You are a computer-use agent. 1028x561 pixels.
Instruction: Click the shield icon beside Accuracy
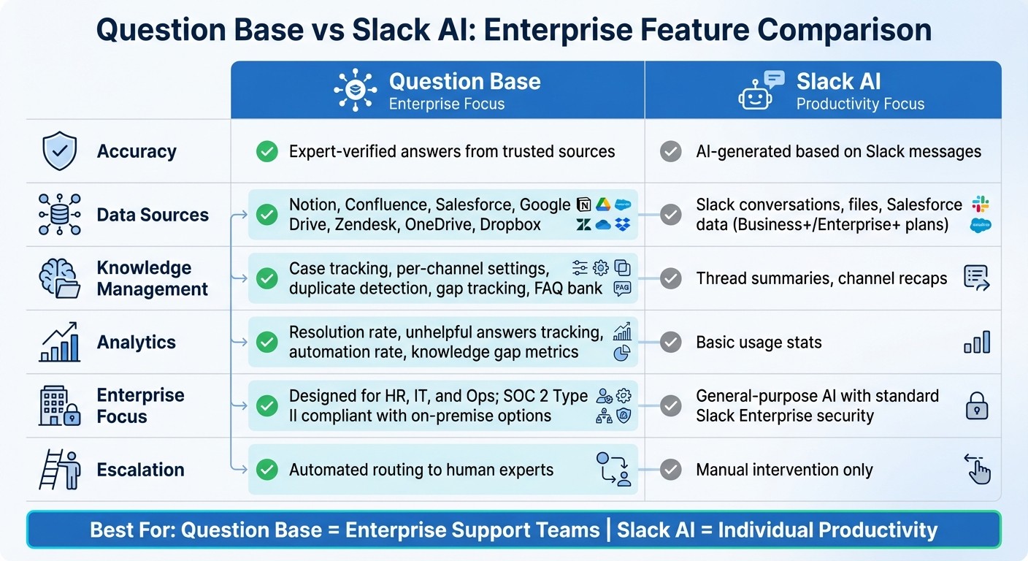(x=60, y=151)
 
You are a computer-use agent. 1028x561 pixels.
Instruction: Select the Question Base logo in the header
(x=356, y=91)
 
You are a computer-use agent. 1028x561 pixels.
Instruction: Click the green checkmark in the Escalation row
(x=267, y=470)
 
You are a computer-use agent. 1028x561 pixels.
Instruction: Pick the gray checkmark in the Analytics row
(x=670, y=342)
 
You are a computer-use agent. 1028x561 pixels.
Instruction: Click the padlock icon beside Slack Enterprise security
(x=976, y=405)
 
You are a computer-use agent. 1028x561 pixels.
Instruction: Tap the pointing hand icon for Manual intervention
(x=977, y=469)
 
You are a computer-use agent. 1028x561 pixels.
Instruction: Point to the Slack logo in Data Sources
(x=980, y=205)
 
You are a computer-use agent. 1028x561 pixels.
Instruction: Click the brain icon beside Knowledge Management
(x=59, y=278)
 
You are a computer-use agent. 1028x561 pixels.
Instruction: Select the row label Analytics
(x=137, y=342)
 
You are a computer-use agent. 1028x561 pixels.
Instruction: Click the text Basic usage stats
(x=759, y=342)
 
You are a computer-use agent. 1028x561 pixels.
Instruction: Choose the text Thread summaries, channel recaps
(x=821, y=278)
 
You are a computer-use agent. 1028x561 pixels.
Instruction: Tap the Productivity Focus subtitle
(x=860, y=104)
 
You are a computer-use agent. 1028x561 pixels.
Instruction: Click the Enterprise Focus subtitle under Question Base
(x=446, y=104)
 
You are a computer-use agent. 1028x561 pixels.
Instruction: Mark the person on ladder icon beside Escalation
(x=59, y=470)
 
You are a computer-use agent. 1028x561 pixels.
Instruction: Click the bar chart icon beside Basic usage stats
(x=977, y=342)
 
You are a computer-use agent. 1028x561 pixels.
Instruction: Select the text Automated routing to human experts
(x=421, y=470)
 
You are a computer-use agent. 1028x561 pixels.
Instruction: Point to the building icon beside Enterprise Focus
(x=59, y=406)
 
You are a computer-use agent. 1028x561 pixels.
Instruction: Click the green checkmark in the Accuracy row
(x=267, y=151)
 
